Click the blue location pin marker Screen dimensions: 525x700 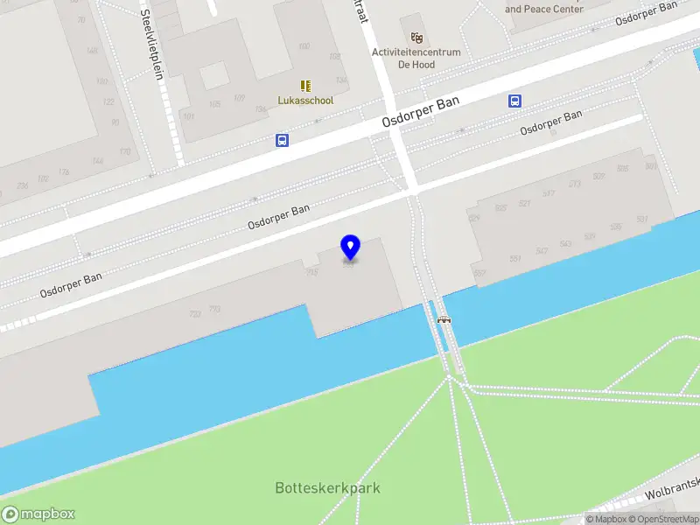tap(350, 247)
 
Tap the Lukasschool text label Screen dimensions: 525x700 tap(305, 101)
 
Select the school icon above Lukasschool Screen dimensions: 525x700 tap(305, 86)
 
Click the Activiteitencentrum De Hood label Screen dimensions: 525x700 tap(416, 58)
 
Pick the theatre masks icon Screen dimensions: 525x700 tap(417, 38)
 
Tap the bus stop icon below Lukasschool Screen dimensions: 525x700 tap(282, 139)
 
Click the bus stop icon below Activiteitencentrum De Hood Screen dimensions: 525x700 tap(514, 101)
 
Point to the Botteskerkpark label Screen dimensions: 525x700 tap(327, 488)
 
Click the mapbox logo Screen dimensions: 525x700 tap(38, 514)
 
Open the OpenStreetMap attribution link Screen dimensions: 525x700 tap(664, 519)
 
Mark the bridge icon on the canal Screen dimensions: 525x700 tap(444, 320)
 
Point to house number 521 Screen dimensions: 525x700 tap(524, 204)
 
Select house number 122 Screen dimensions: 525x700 tap(108, 101)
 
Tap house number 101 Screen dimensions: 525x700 tap(188, 115)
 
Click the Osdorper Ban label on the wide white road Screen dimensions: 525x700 tap(421, 113)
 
